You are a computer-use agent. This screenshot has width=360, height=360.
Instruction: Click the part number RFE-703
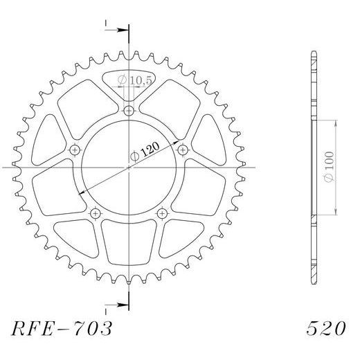pyautogui.click(x=62, y=327)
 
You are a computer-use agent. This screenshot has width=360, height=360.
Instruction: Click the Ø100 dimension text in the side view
pyautogui.click(x=329, y=167)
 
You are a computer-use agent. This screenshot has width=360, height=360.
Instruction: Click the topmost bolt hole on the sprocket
pyautogui.click(x=129, y=111)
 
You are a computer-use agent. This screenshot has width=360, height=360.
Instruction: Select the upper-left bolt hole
pyautogui.click(x=75, y=150)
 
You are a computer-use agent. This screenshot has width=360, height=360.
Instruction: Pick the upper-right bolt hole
pyautogui.click(x=183, y=150)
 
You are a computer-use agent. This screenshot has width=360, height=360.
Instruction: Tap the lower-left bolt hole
pyautogui.click(x=96, y=212)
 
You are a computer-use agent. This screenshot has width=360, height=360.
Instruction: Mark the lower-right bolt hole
pyautogui.click(x=162, y=212)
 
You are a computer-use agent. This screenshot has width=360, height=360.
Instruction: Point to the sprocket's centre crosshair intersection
pyautogui.click(x=129, y=167)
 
